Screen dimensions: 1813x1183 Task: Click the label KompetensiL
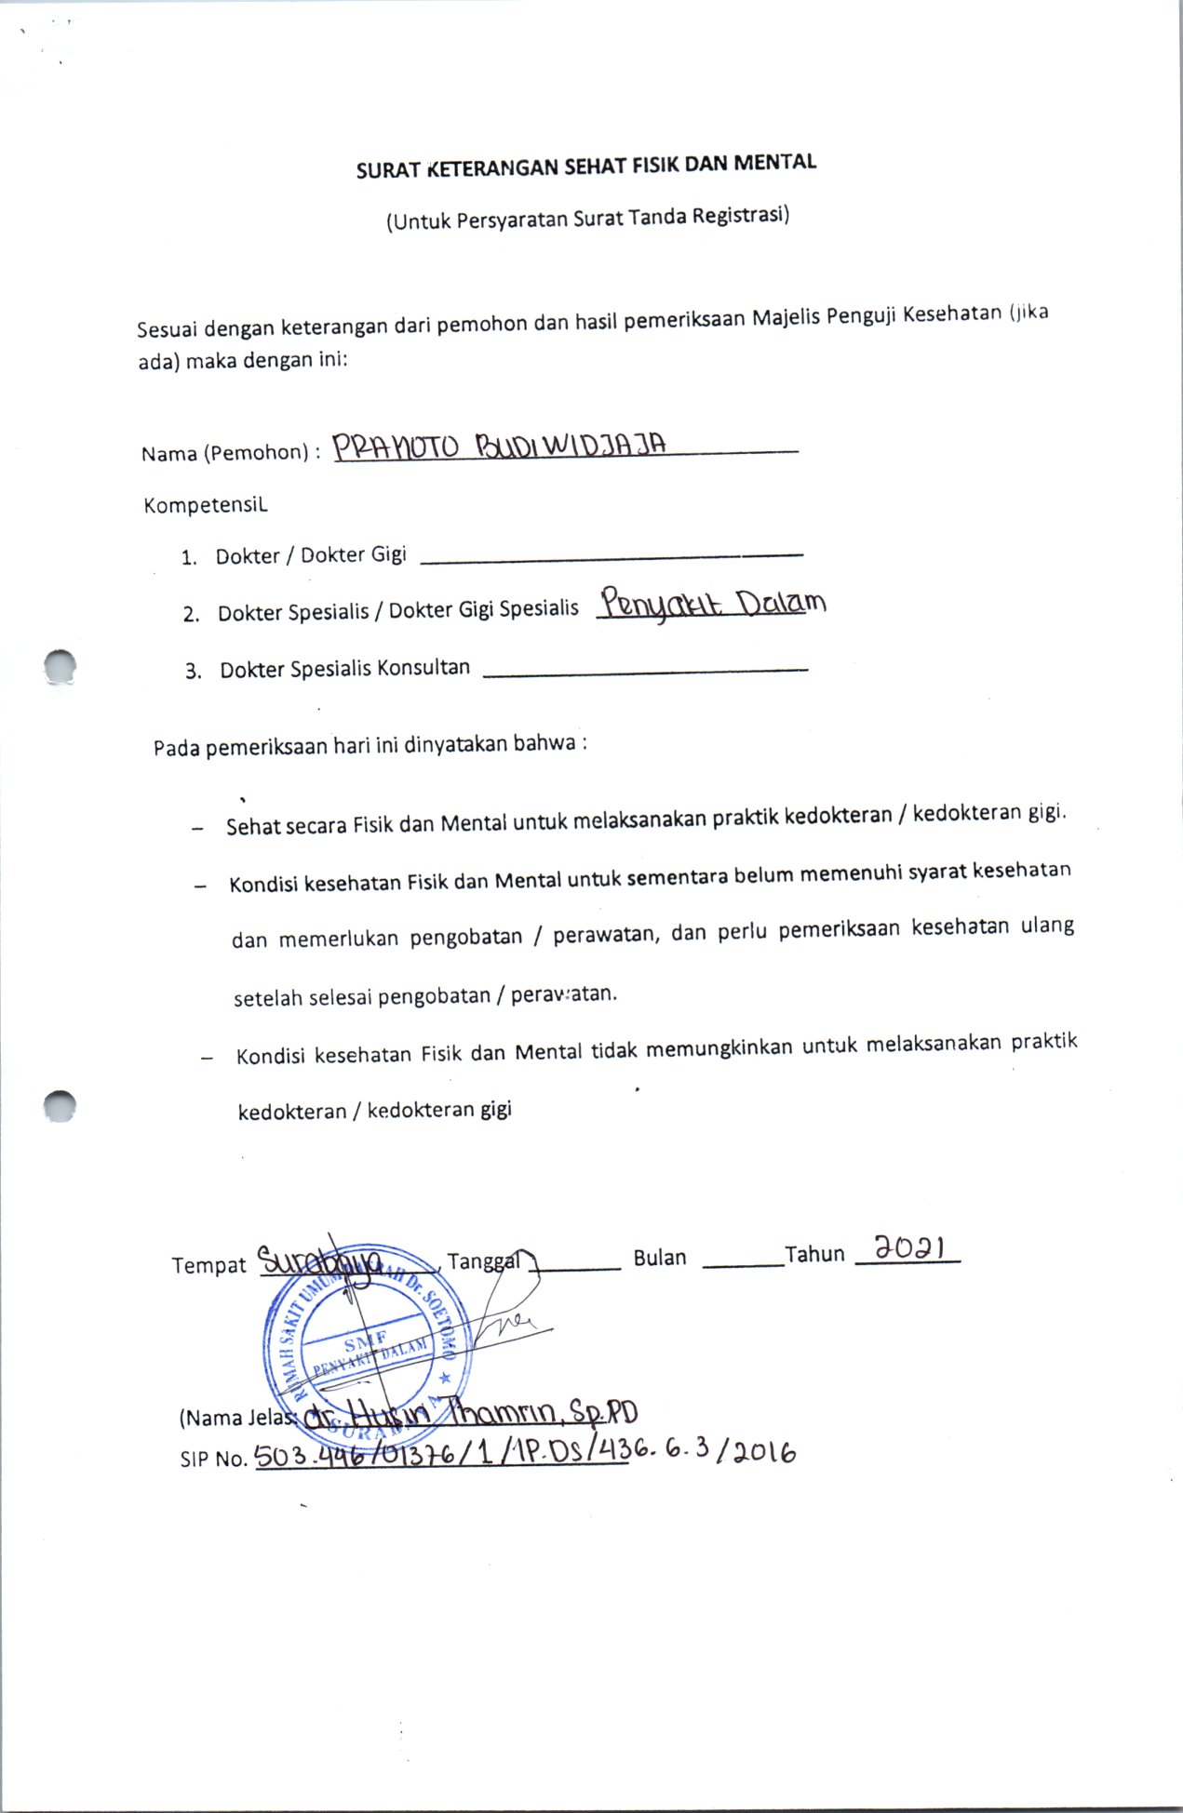click(x=206, y=505)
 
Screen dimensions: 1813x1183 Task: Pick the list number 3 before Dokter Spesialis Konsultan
click(x=193, y=672)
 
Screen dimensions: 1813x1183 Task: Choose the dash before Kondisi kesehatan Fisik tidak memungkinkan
click(x=206, y=1058)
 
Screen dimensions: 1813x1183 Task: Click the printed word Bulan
click(x=659, y=1258)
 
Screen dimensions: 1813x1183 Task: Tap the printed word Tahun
click(x=814, y=1255)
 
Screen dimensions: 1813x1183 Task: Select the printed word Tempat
click(x=208, y=1265)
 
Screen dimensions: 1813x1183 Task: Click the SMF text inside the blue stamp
click(x=365, y=1342)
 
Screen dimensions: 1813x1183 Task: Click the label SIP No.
click(x=213, y=1459)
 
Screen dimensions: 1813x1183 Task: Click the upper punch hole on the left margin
click(x=60, y=666)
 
